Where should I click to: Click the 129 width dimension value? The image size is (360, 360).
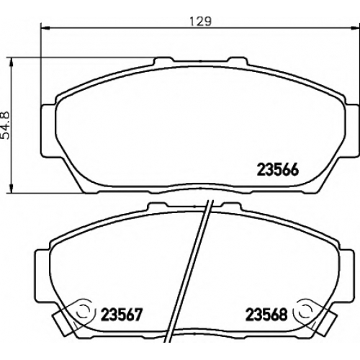201,22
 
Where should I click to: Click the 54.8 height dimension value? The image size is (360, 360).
6,125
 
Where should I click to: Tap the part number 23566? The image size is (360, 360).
278,170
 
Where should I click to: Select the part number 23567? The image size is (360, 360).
122,315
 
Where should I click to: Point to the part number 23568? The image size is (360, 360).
266,315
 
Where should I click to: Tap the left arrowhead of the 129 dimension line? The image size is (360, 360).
45,27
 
